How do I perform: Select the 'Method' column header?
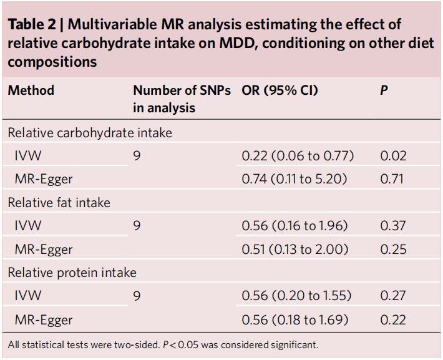point(31,90)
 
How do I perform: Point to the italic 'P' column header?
point(384,90)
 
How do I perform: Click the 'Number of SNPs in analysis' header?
point(181,99)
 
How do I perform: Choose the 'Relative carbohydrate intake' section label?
point(90,133)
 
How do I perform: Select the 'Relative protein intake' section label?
point(72,273)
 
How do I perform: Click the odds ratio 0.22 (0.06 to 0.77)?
point(298,156)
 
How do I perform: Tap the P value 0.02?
point(393,156)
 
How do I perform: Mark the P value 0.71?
point(392,180)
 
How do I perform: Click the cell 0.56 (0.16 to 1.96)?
point(295,226)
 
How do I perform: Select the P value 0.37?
point(393,226)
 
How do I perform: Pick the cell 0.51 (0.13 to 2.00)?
point(296,250)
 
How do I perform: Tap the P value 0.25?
point(393,250)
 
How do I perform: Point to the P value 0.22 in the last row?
point(393,320)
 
